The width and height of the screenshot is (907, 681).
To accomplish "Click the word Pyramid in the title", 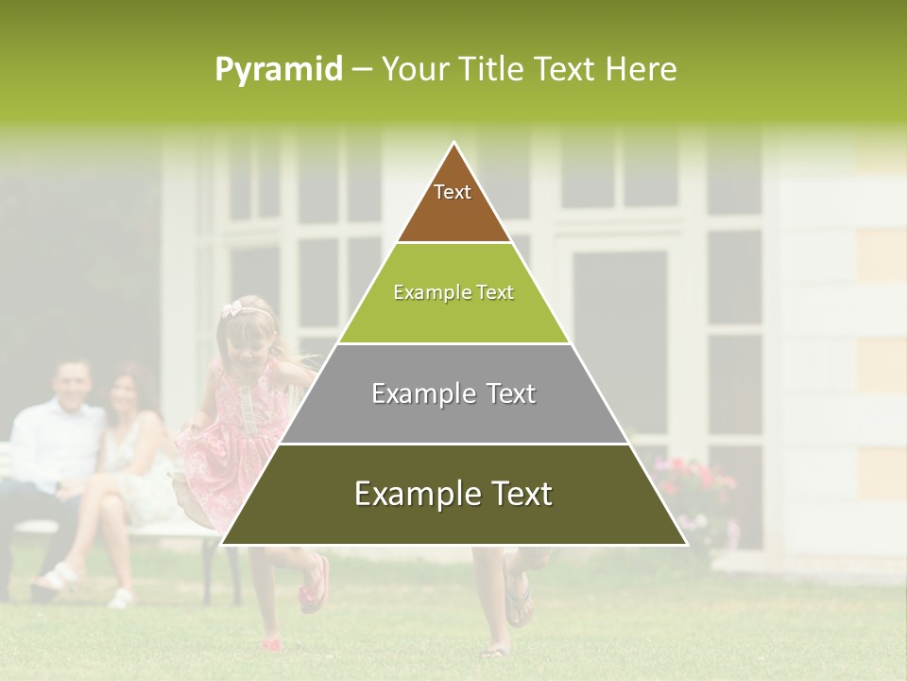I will [278, 70].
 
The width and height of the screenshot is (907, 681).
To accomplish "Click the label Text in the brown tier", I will [453, 192].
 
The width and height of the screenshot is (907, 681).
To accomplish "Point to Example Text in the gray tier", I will [453, 393].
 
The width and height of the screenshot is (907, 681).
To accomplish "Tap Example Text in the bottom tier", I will [453, 494].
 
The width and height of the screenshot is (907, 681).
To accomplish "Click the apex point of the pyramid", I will [454, 144].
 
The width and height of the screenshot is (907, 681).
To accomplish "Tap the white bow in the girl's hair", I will [231, 310].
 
